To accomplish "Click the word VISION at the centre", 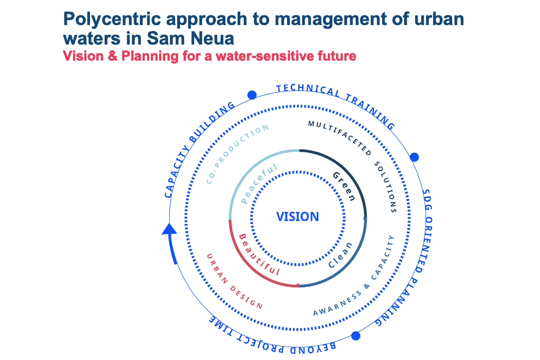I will [297, 216].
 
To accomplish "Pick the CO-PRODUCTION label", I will [237, 153].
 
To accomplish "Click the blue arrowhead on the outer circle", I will [169, 229].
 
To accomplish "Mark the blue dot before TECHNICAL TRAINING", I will [252, 95].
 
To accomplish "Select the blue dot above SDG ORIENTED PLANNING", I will [414, 157].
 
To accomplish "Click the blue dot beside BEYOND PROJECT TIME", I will [356, 336].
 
